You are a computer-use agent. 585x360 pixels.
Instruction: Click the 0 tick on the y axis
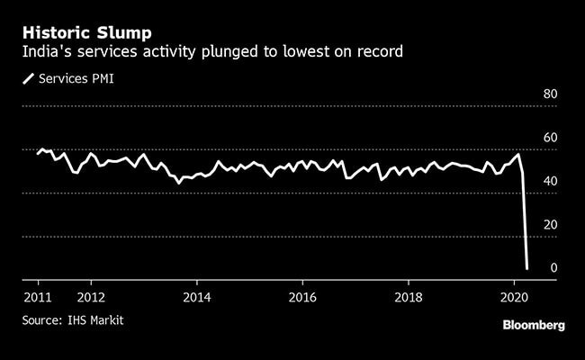click(554, 267)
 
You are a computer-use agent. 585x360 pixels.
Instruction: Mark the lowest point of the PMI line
click(526, 267)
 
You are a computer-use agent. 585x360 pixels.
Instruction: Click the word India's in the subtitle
click(46, 53)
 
